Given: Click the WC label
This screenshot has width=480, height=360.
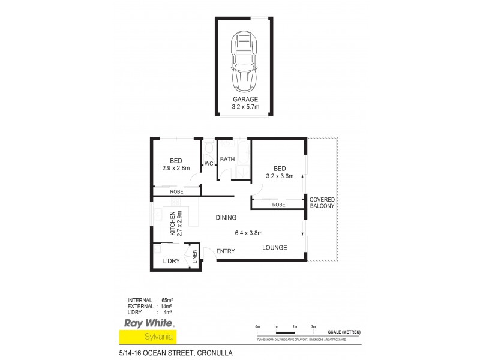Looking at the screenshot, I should [209, 164].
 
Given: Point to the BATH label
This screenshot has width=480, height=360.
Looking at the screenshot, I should [227, 160].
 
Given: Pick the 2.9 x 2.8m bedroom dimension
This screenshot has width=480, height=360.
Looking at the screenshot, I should [176, 168].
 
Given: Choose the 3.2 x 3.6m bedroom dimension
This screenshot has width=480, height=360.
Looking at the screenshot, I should [280, 176].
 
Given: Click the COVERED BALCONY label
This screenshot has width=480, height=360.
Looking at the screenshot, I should [322, 202].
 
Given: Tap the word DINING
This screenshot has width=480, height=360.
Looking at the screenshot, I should [226, 217].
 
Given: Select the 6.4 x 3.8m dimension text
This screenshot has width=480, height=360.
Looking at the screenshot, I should [249, 233].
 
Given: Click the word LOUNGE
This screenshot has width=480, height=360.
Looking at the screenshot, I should [275, 248].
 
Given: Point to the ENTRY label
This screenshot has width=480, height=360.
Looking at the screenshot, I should [226, 251].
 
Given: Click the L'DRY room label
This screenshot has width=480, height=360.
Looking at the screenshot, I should [172, 262].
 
